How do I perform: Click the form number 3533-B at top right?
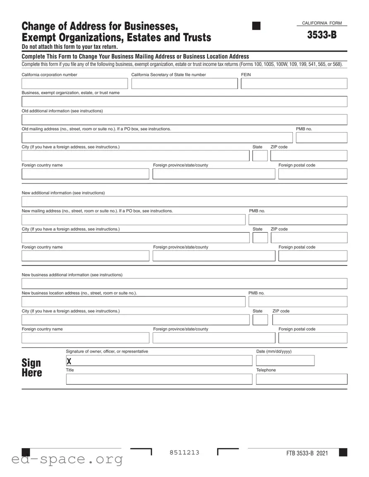[321, 35]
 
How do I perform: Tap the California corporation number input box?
[74, 83]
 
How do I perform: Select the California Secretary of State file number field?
[184, 83]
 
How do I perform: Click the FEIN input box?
[294, 83]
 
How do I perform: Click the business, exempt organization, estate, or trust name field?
[184, 102]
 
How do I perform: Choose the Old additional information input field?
[184, 120]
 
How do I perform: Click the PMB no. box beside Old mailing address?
[321, 138]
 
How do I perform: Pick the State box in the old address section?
[260, 156]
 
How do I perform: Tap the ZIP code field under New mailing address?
[309, 238]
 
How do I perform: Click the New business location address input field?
[133, 302]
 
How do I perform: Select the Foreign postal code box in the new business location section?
[312, 338]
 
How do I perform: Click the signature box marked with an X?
[159, 361]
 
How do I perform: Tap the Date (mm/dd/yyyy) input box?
[285, 361]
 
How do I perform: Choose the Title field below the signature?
[159, 379]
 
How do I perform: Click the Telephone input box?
[301, 379]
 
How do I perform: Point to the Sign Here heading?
[32, 368]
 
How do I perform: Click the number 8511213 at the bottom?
[184, 453]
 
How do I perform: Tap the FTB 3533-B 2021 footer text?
[307, 453]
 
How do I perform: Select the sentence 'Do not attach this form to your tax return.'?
[70, 47]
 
